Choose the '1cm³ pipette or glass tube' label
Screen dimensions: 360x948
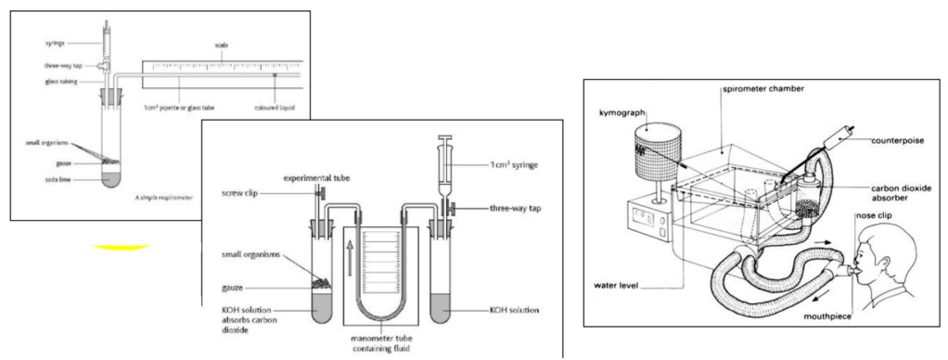(x=178, y=108)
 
